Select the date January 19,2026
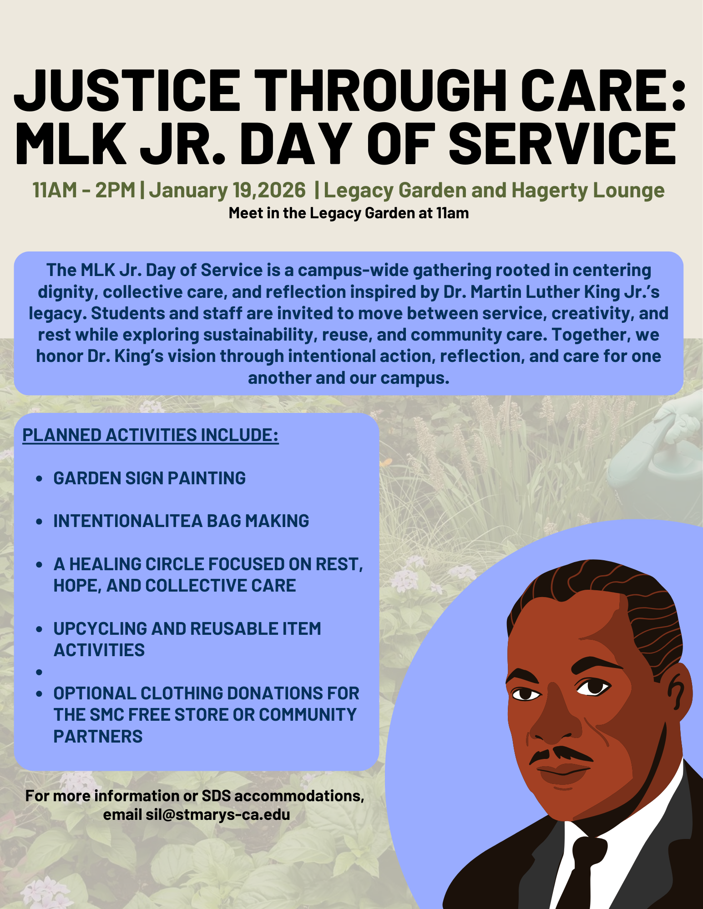coord(227,190)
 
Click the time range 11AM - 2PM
coord(84,190)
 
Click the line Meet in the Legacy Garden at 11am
coord(349,213)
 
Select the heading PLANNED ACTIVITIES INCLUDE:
coord(150,435)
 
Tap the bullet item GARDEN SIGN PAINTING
coord(149,478)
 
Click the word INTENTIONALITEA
coord(127,521)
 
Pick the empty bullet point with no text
coord(39,672)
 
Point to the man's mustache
coord(561,754)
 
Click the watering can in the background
coord(660,455)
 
